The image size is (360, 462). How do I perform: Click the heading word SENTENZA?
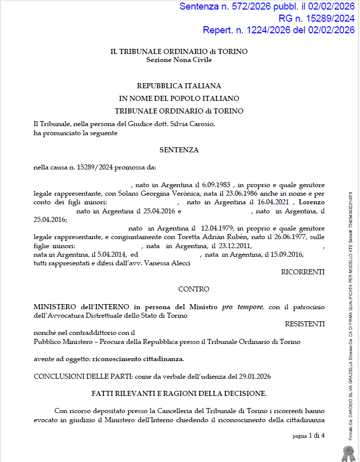coord(179,150)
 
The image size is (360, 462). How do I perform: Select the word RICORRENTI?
coord(303,272)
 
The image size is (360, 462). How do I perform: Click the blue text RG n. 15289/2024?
coord(316,18)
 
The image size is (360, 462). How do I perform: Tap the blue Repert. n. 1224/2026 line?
coord(278,30)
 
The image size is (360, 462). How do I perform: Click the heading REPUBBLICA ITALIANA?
coord(179,86)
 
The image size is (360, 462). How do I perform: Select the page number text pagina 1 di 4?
coord(309,435)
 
